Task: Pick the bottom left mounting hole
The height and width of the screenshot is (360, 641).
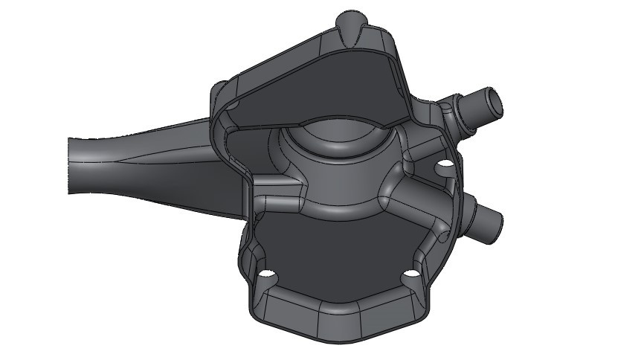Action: [x=264, y=277]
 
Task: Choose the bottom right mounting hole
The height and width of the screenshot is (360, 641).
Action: [x=409, y=277]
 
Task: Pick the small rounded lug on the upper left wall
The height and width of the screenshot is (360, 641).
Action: [x=217, y=93]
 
